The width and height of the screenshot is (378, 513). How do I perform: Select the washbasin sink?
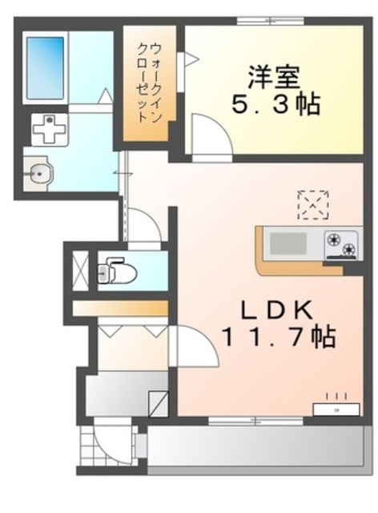tap(38, 172)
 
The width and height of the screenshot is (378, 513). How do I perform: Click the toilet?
tap(119, 272)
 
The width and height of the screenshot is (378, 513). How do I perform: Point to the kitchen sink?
tap(287, 242)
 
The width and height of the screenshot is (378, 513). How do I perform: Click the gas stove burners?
tap(341, 243)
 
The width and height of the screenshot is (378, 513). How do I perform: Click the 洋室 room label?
tap(272, 78)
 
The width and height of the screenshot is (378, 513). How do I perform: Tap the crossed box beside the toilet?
tap(79, 269)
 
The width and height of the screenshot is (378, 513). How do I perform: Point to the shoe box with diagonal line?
tap(159, 400)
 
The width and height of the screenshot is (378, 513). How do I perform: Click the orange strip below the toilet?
tap(120, 308)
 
